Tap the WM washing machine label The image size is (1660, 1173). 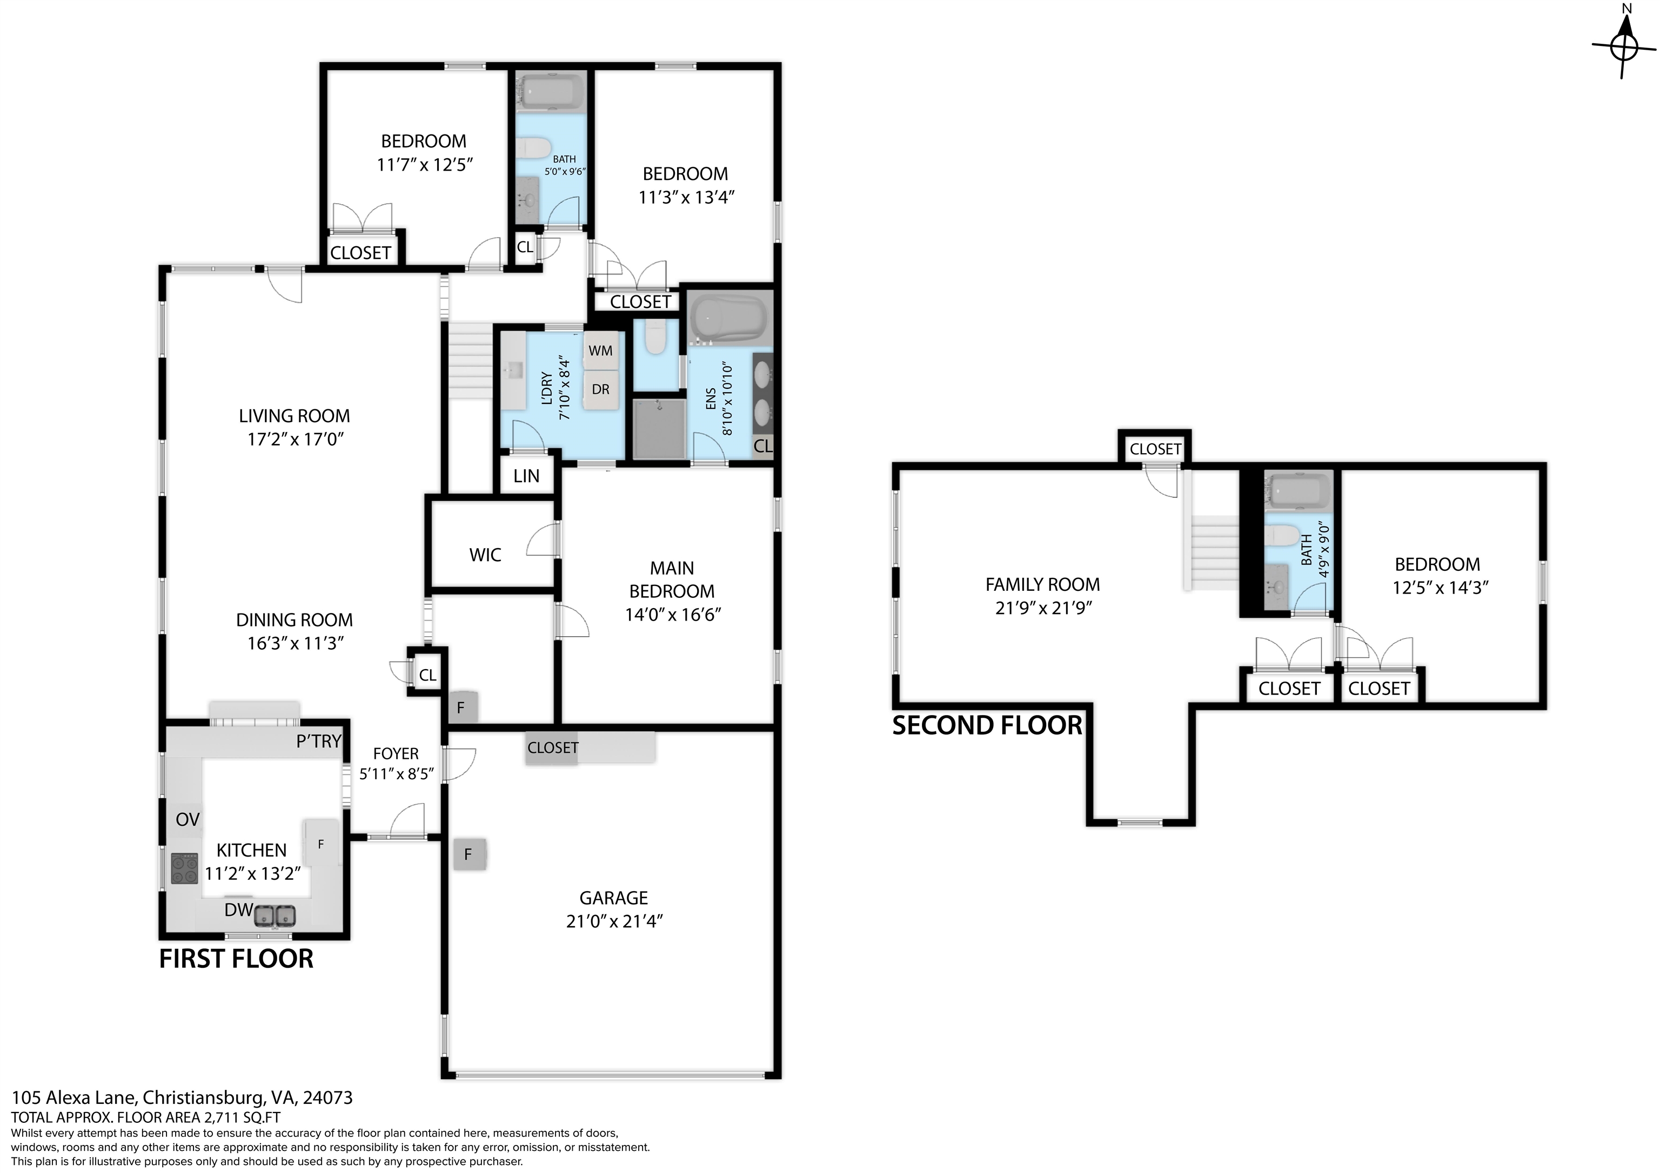[600, 351]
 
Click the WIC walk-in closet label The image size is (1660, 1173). [485, 555]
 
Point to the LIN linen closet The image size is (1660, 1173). [526, 476]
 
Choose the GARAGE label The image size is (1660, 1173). [614, 898]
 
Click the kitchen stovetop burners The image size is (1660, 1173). [184, 869]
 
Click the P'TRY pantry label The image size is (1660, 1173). [318, 741]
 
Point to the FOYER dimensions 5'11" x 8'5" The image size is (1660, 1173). [396, 774]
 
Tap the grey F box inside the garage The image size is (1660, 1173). [468, 854]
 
